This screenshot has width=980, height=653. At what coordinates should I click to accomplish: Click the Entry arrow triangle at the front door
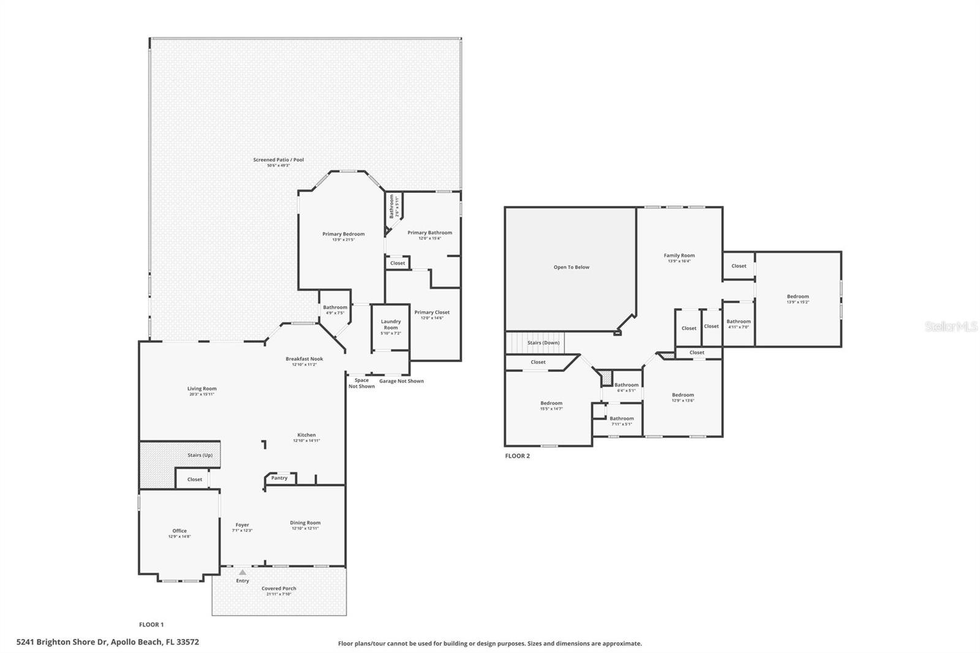tap(243, 572)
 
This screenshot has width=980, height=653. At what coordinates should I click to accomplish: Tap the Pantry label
tap(279, 478)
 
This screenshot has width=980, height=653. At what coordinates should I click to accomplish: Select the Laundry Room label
tap(391, 325)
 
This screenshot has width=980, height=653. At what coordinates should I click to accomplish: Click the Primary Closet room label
tap(432, 312)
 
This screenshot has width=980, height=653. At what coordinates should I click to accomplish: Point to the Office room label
tap(179, 531)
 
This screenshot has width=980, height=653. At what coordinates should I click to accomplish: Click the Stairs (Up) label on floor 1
tap(200, 455)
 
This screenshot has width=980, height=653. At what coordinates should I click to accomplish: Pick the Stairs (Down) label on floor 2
tap(543, 343)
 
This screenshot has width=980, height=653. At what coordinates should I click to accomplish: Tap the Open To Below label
tap(571, 267)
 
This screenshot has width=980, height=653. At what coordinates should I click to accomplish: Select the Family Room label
tap(679, 255)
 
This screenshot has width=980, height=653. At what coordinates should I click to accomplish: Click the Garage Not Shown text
tap(401, 381)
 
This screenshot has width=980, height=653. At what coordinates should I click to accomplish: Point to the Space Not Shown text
tap(361, 383)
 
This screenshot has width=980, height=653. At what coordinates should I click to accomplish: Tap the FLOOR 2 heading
tap(517, 456)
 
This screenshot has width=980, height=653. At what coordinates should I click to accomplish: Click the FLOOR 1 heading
tap(151, 625)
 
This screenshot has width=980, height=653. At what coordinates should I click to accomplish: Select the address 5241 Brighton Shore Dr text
tap(108, 642)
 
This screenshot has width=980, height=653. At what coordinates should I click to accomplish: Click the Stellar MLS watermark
tap(951, 327)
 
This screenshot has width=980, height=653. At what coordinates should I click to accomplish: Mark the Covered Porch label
tap(279, 589)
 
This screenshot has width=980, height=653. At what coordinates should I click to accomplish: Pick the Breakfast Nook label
tap(304, 359)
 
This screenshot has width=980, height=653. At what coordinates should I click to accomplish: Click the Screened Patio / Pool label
tap(278, 160)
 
